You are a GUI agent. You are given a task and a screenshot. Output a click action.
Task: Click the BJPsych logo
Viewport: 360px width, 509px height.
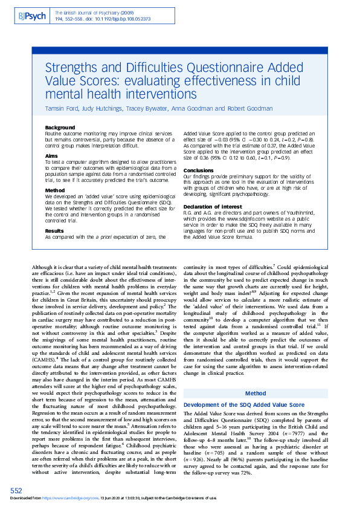point(31,15)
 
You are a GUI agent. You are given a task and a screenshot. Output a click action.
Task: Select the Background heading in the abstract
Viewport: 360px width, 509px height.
point(60,128)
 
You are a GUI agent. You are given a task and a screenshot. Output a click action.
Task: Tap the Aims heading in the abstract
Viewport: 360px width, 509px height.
point(52,155)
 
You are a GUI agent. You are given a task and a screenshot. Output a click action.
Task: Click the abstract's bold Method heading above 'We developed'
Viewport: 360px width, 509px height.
point(55,189)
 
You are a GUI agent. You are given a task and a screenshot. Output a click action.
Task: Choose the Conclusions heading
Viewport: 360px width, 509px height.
point(199,170)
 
